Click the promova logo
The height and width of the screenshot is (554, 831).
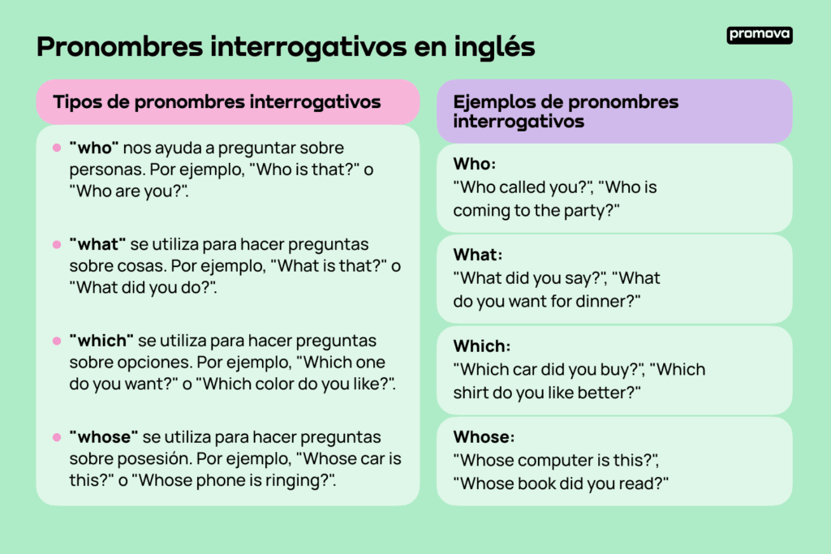760,35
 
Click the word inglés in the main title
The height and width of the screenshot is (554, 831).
494,47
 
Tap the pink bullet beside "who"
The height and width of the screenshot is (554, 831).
57,148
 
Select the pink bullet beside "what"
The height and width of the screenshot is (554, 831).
57,245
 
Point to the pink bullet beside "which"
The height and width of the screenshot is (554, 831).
57,341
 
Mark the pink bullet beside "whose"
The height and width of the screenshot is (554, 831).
57,437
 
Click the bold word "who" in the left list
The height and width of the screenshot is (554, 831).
94,148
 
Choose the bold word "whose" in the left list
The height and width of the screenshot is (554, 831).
104,437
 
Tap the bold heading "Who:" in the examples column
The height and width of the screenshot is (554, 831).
474,164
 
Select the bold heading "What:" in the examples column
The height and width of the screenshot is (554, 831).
477,256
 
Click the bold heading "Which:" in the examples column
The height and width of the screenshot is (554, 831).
482,346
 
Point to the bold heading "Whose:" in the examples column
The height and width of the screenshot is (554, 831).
484,437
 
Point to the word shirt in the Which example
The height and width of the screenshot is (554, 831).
471,393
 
